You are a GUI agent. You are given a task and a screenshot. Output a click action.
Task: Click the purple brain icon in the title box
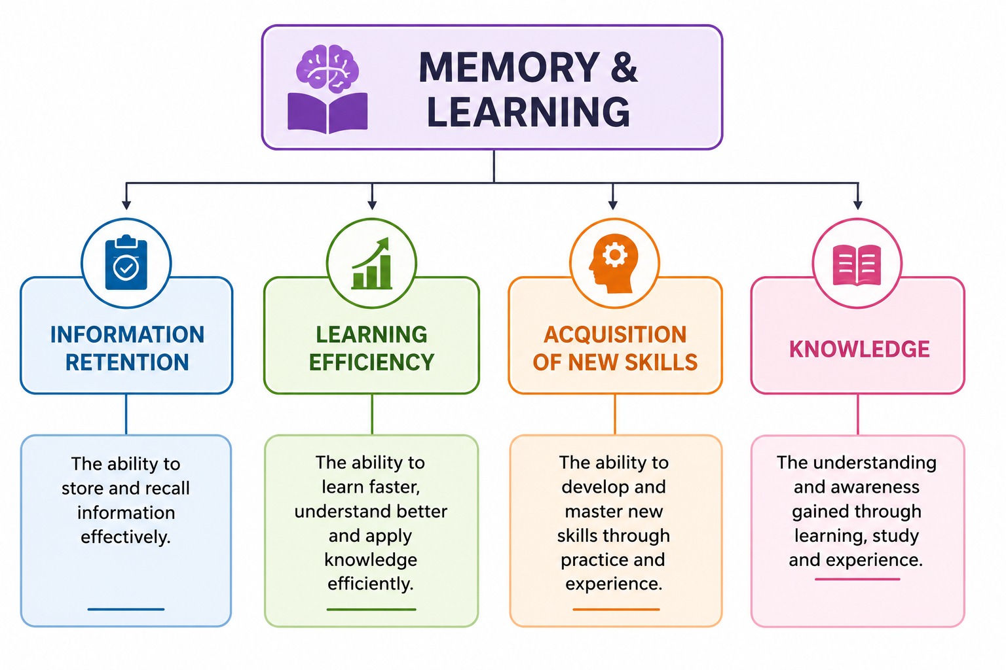(x=327, y=68)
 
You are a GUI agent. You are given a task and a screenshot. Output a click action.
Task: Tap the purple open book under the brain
(x=327, y=113)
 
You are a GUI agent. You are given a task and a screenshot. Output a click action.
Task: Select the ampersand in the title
(x=624, y=67)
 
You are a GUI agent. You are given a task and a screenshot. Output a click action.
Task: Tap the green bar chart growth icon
(x=371, y=263)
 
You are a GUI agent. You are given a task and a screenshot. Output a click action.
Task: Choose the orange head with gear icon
(x=614, y=264)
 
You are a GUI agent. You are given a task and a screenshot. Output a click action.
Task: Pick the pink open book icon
(x=857, y=265)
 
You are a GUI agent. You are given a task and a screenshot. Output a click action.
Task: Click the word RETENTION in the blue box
(x=127, y=362)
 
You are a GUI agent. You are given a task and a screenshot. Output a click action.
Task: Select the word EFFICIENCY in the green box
(x=371, y=362)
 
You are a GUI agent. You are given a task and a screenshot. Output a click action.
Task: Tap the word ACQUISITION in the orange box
(x=615, y=334)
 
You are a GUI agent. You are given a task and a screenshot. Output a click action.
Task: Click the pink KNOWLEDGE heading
(x=859, y=349)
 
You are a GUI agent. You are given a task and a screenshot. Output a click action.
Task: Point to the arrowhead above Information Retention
(x=126, y=205)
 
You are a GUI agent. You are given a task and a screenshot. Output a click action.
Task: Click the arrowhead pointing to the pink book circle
(x=858, y=205)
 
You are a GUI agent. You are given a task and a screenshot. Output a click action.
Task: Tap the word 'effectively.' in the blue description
(x=126, y=537)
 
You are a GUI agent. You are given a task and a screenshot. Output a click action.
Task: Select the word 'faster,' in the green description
(x=394, y=487)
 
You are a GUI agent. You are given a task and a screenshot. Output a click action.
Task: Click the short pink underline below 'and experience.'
(x=857, y=579)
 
